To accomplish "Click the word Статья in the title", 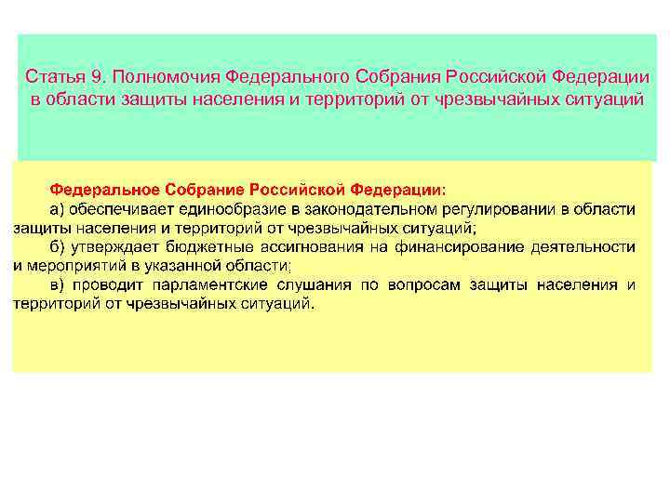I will click(52, 76).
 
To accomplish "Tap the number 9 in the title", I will click(90, 76).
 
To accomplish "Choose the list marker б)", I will click(57, 246).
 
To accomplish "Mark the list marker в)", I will click(57, 284).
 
